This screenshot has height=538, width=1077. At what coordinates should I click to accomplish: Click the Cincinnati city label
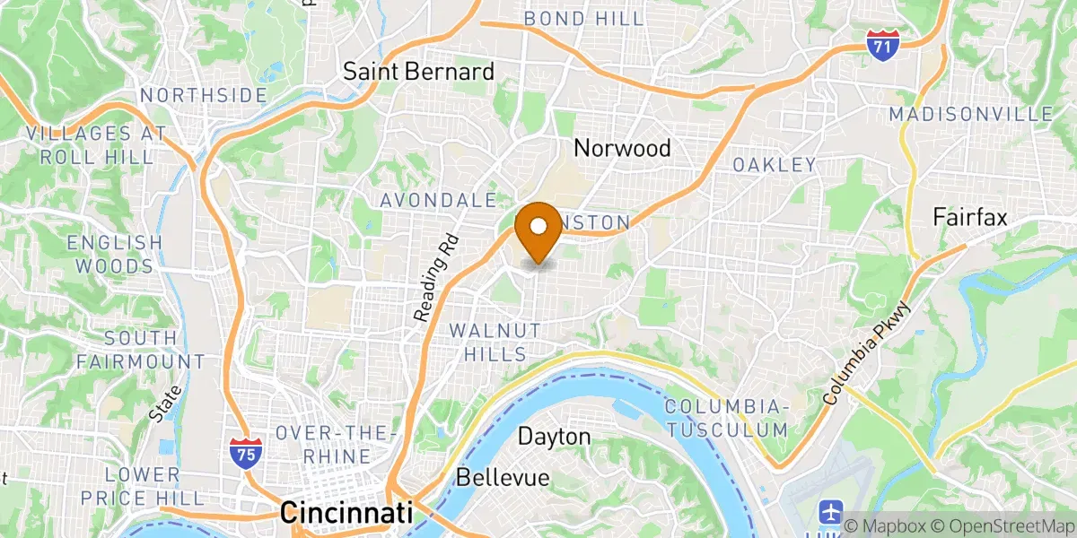pyautogui.click(x=346, y=513)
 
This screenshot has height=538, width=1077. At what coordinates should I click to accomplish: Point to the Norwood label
pyautogui.click(x=623, y=148)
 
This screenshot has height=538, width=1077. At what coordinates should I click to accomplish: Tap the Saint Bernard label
pyautogui.click(x=419, y=72)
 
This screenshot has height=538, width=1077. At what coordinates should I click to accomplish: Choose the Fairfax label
pyautogui.click(x=970, y=217)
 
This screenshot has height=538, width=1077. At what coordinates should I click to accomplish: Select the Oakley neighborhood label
pyautogui.click(x=775, y=165)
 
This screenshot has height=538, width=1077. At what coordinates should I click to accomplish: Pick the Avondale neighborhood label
pyautogui.click(x=438, y=200)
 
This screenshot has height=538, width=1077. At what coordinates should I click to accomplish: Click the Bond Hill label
pyautogui.click(x=584, y=19)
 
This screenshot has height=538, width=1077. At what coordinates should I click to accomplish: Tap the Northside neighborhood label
pyautogui.click(x=203, y=95)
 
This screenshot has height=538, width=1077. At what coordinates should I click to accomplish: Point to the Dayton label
pyautogui.click(x=556, y=437)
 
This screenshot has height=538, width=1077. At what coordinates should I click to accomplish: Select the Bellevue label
pyautogui.click(x=503, y=478)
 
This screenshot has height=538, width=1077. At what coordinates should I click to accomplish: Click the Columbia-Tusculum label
pyautogui.click(x=727, y=418)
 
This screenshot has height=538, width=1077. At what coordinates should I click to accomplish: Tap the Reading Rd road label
pyautogui.click(x=436, y=278)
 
